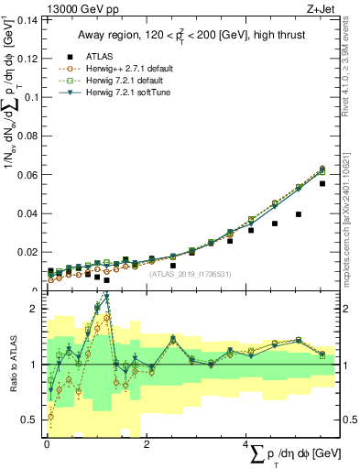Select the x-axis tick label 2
[x=147, y=444]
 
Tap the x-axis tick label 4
[x=247, y=444]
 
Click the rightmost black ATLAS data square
[x=322, y=183]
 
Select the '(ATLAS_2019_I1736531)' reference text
[x=191, y=273]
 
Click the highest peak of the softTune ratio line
[x=107, y=297]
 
